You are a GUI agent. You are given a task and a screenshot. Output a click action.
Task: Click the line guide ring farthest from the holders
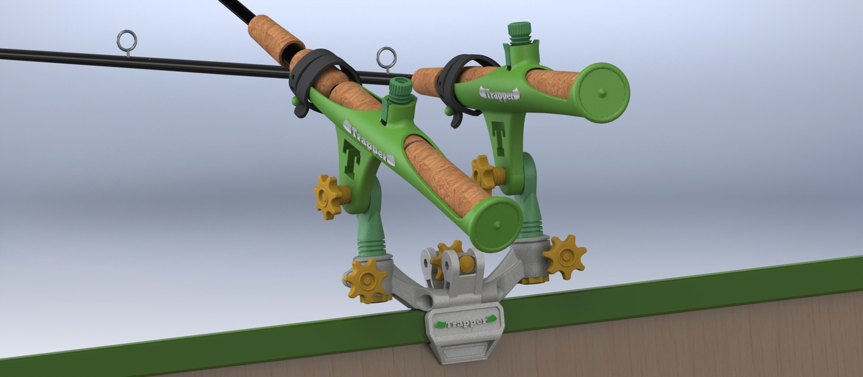(127, 41)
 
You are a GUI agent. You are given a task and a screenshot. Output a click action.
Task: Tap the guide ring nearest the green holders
(386, 58)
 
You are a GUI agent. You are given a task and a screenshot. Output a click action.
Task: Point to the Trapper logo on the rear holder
(499, 93)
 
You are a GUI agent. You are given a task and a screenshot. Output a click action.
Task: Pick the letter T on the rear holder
(498, 137)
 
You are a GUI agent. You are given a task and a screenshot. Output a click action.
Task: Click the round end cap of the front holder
(495, 224)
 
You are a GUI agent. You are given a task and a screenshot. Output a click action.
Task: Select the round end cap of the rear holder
(601, 92)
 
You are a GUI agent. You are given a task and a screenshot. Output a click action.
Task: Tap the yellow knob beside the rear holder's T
(483, 172)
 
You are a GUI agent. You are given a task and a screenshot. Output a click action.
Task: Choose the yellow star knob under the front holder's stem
(367, 280)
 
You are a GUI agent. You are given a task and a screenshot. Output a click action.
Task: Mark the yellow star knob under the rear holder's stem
(564, 257)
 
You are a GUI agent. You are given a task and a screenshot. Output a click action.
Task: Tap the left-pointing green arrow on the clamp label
(438, 325)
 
